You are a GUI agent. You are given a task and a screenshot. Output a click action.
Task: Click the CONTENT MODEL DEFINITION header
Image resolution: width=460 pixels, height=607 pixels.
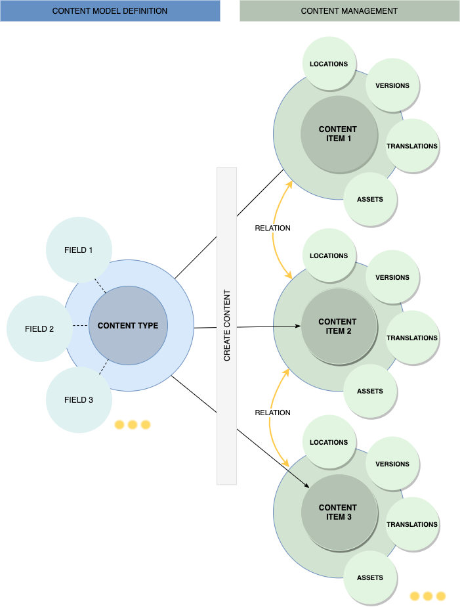click(110, 11)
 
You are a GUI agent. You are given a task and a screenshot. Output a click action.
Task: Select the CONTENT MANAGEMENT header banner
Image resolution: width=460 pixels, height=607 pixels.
click(349, 11)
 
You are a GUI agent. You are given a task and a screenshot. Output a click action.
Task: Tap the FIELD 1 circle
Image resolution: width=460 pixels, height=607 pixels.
click(79, 250)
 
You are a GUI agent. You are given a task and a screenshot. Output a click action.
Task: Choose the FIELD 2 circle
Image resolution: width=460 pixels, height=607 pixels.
click(39, 328)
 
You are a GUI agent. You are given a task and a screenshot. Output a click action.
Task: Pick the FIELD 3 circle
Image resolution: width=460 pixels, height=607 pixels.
click(79, 400)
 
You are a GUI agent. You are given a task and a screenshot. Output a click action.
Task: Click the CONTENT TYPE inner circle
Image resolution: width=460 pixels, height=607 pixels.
click(128, 326)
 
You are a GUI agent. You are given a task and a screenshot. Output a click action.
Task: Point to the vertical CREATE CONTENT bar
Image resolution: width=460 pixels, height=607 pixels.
click(226, 326)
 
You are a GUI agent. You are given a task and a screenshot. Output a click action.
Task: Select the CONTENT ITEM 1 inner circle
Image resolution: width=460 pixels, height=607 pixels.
click(339, 134)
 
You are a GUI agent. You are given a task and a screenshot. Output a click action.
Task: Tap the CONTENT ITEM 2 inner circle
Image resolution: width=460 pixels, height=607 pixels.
click(339, 326)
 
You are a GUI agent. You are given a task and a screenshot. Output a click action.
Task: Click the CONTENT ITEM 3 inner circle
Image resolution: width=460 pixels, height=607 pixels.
click(339, 512)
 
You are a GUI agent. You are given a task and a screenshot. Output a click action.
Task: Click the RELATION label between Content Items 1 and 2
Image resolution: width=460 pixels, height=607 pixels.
click(272, 228)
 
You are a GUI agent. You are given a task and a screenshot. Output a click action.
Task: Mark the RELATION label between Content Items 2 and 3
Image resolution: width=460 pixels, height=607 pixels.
click(272, 413)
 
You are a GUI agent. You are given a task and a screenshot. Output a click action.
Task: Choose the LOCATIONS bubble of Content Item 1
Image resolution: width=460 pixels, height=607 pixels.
click(329, 64)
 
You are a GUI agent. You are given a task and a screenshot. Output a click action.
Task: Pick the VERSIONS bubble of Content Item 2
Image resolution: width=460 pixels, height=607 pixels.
click(392, 277)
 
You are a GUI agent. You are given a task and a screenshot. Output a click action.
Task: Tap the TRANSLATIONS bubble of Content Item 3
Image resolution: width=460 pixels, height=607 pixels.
click(411, 524)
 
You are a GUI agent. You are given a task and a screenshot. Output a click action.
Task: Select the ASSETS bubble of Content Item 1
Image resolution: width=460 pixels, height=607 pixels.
click(370, 199)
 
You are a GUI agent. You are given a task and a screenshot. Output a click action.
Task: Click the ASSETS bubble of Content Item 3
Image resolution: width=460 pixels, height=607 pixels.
click(370, 577)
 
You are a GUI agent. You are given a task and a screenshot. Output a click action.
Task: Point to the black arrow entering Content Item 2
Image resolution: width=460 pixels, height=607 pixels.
click(286, 326)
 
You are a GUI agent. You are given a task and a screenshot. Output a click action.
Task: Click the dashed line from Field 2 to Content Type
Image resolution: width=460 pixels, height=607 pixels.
click(80, 326)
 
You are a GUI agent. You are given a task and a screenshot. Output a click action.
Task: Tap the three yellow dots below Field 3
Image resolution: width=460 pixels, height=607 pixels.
click(133, 425)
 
